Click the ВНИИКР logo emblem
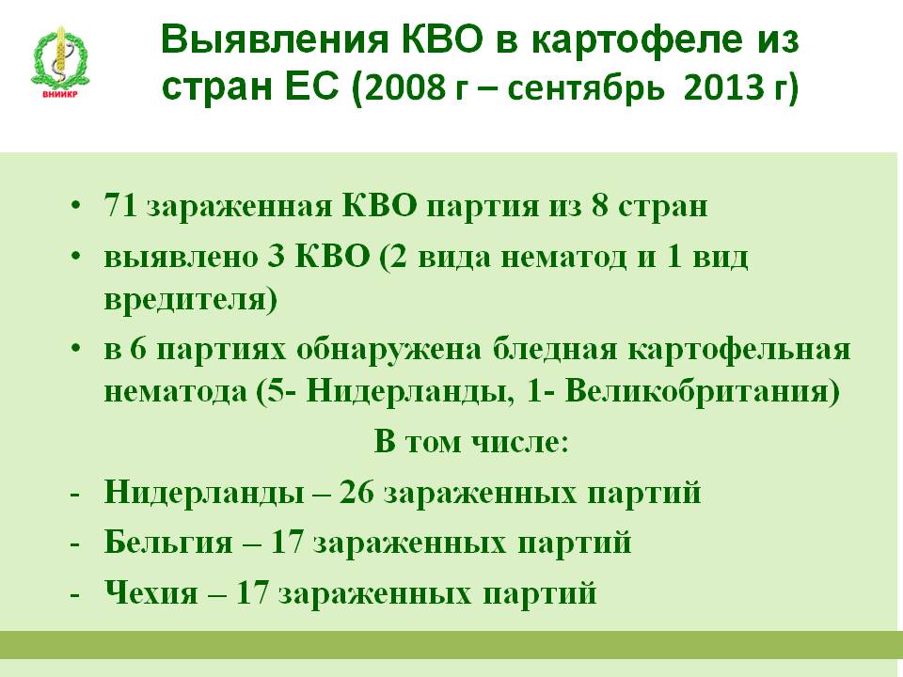(60, 62)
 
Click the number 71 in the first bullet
(120, 205)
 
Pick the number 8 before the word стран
(599, 205)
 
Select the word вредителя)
(191, 299)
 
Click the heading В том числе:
(471, 442)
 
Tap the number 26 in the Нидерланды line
(356, 492)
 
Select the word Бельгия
(168, 542)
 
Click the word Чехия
(150, 592)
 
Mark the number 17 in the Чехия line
(252, 592)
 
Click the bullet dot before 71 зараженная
(75, 206)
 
